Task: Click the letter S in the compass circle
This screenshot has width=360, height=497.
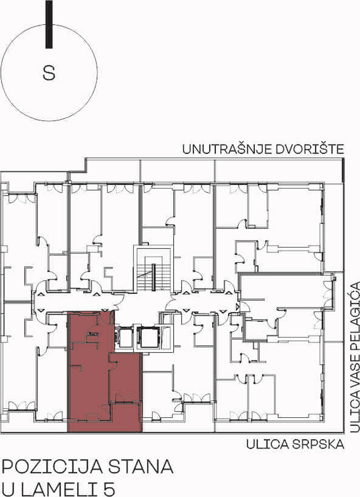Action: coord(49,73)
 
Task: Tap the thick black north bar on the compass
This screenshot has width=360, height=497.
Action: coord(49,24)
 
